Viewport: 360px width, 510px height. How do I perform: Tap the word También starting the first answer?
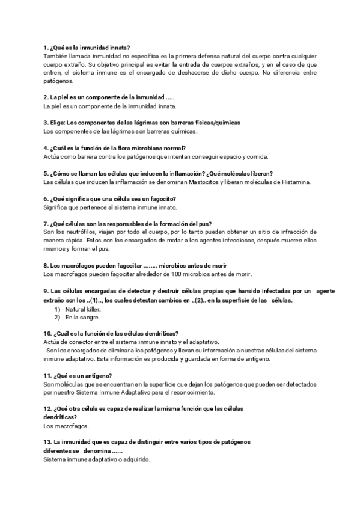point(56,55)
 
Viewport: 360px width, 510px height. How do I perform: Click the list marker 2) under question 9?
point(57,317)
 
